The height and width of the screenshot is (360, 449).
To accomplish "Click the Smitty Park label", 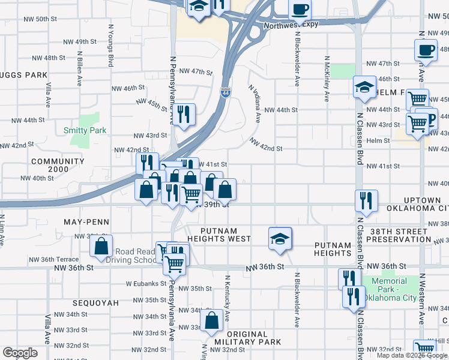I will (85, 130).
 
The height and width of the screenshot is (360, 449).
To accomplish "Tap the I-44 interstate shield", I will (225, 94).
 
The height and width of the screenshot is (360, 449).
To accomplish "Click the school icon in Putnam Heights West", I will (280, 238).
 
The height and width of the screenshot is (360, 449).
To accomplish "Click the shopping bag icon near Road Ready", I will (101, 245).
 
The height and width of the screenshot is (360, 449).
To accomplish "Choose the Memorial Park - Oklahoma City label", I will (394, 289).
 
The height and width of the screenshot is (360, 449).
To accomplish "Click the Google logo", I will (20, 353).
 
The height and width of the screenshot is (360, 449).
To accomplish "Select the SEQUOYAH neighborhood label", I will (96, 303).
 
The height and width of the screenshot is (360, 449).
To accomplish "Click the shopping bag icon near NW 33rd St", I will (211, 322).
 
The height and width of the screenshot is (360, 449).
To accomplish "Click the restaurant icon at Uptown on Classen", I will (366, 201).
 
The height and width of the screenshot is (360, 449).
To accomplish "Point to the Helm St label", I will (378, 140).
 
